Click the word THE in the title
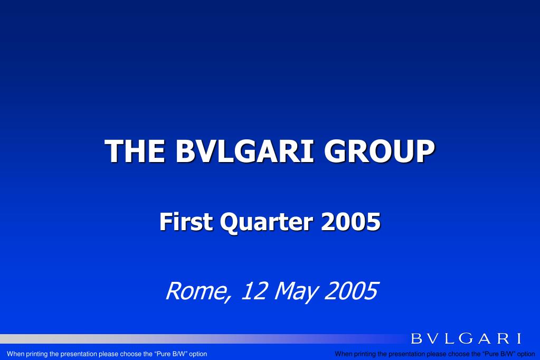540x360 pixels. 135,151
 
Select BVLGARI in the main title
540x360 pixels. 244,151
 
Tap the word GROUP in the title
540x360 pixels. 379,151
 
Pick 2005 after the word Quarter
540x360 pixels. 350,222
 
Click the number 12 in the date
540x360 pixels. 254,291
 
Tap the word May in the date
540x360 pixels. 295,292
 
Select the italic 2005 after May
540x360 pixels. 351,291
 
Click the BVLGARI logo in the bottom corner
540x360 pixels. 466,338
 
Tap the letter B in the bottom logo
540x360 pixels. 416,338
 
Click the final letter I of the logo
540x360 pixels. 519,338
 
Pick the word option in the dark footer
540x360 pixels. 526,354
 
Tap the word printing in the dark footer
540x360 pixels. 365,354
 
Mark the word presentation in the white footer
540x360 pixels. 79,354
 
